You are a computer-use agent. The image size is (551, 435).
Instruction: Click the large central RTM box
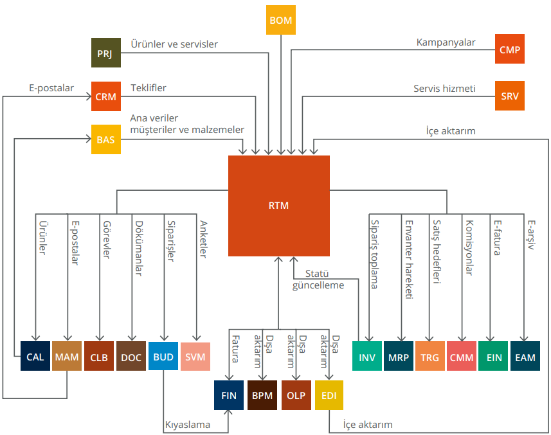pos(278,206)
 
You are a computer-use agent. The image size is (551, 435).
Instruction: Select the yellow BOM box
pos(281,20)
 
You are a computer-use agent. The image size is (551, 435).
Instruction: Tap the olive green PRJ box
pos(106,53)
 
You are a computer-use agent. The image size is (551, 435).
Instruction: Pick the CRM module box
pos(106,96)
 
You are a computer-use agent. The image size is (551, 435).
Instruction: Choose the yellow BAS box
pos(106,139)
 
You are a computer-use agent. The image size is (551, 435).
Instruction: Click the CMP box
pos(510,49)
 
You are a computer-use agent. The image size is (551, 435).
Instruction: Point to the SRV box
pos(510,96)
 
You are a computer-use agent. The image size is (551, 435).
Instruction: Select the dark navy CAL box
pos(35,356)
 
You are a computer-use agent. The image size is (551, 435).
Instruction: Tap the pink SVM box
pos(195,357)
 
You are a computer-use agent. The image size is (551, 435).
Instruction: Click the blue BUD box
pos(163,356)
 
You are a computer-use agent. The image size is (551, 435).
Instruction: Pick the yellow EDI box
pos(329,395)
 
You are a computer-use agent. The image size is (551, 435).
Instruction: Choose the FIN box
pos(229,395)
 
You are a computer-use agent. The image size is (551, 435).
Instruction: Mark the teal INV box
pos(367,356)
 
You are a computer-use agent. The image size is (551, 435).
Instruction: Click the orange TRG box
pos(429,356)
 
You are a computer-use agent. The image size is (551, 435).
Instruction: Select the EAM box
pos(525,356)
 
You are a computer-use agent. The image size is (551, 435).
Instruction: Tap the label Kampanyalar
pos(446,42)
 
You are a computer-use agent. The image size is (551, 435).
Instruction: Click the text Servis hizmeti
pos(444,89)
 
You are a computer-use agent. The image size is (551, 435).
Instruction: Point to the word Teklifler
pos(149,88)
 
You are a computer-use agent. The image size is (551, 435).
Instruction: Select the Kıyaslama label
pos(188,425)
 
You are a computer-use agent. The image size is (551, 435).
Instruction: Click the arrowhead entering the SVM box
pos(197,338)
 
